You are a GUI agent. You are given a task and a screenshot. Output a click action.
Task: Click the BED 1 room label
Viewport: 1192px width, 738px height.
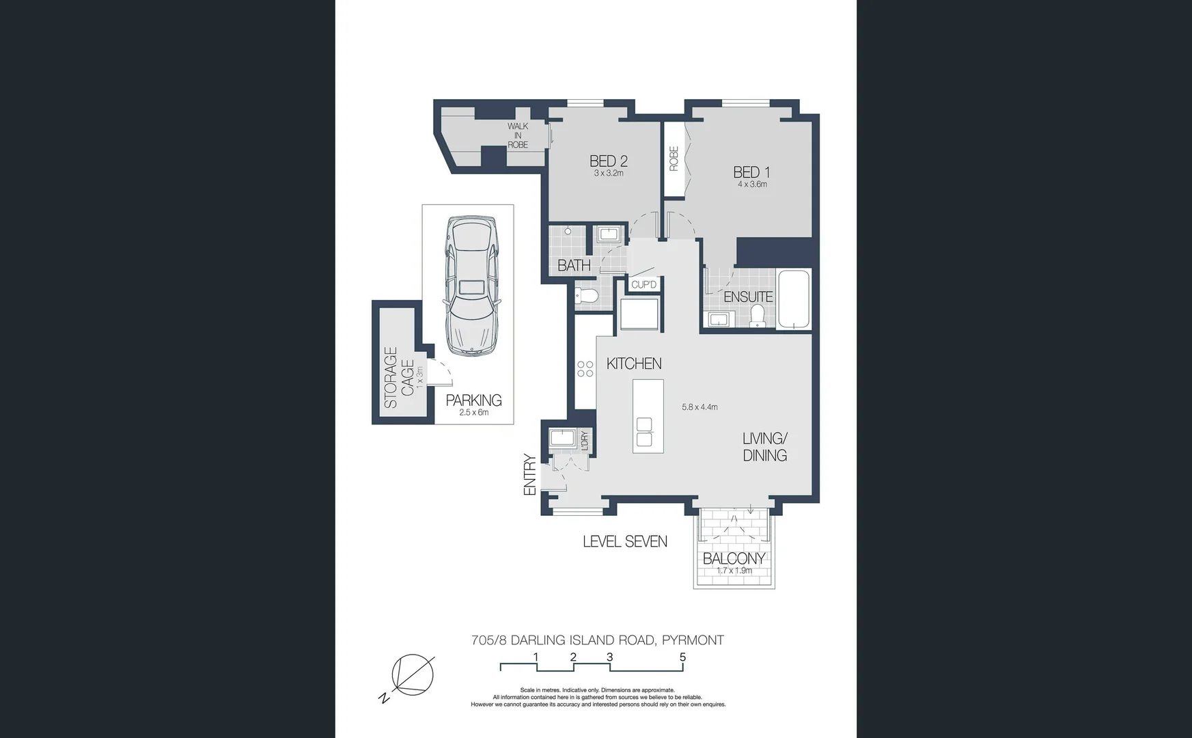point(751,172)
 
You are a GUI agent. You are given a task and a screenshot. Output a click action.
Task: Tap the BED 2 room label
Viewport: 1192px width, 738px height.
point(608,161)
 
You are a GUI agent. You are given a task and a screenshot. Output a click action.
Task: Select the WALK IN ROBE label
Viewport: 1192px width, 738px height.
point(518,135)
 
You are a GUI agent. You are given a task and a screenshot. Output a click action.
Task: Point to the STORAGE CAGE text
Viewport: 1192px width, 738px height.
point(399,377)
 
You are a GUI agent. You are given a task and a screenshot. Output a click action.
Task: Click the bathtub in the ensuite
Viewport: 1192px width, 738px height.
point(794,299)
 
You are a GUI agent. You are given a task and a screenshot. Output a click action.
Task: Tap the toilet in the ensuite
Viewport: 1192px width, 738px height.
point(756,316)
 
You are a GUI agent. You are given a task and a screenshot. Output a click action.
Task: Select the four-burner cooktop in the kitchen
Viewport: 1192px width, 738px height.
point(585,369)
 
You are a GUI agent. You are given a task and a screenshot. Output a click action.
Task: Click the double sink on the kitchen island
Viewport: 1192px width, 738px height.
point(644,432)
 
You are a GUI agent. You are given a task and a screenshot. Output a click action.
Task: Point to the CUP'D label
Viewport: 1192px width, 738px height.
point(643,284)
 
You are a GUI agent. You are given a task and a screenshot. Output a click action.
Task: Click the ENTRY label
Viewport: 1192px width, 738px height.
point(529,474)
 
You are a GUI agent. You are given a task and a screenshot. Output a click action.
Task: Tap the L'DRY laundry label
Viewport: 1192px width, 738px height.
point(584,440)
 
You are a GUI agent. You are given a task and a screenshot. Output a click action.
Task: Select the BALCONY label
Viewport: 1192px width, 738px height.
point(734,558)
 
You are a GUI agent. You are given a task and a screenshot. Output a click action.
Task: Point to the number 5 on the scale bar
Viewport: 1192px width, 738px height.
point(682,657)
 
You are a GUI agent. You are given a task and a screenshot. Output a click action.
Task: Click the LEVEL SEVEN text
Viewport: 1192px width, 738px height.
point(624,542)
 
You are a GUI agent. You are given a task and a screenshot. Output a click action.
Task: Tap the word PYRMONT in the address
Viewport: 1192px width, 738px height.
point(693,640)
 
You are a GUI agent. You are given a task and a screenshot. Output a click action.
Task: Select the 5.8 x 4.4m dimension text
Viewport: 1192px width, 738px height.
point(699,407)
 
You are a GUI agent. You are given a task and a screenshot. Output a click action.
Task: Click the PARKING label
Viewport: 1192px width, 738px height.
point(473,400)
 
